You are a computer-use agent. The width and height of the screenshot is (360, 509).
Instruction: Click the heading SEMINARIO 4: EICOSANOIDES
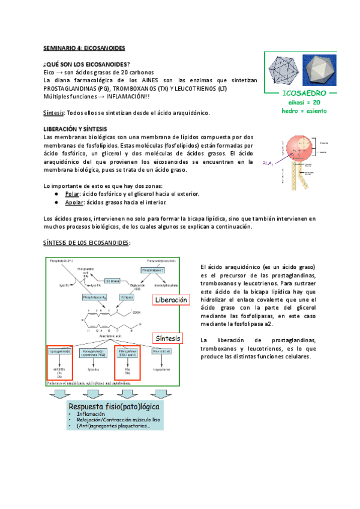pyautogui.click(x=84, y=47)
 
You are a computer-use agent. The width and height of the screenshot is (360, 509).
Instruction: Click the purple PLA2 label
pyautogui.click(x=268, y=163)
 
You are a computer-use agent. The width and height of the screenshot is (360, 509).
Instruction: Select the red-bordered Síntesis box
pyautogui.click(x=168, y=339)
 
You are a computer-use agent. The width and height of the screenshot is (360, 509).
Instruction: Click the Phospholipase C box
pyautogui.click(x=152, y=271)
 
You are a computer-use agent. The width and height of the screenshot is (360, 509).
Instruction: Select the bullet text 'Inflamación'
pyautogui.click(x=94, y=414)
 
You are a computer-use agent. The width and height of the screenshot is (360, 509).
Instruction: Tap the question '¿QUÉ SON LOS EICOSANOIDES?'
pyautogui.click(x=86, y=64)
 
